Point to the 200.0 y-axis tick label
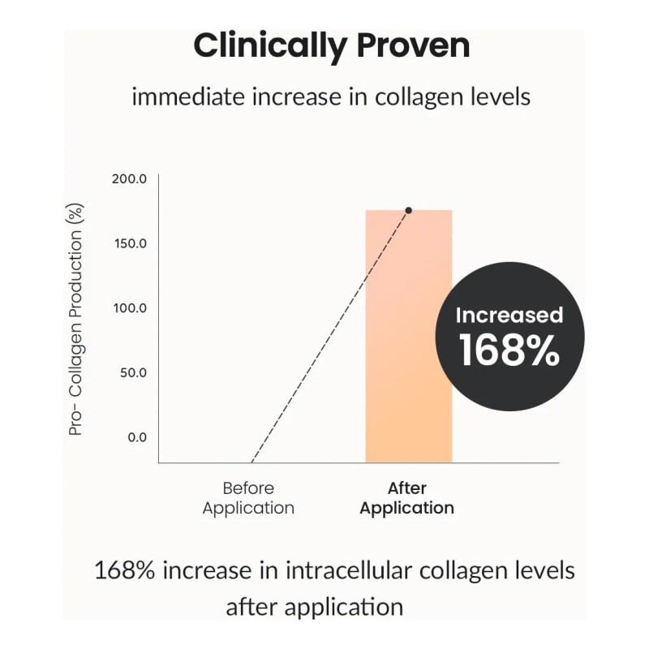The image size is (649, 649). click(x=129, y=178)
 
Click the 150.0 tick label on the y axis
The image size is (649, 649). click(x=129, y=243)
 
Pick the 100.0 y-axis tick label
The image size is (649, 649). click(x=129, y=308)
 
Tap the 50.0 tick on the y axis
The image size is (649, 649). click(x=131, y=373)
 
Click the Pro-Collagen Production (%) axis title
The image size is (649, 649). click(x=76, y=320)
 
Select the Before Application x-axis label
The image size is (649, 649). click(x=248, y=498)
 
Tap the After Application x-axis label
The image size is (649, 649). click(x=406, y=498)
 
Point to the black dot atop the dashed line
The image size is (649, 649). click(x=408, y=210)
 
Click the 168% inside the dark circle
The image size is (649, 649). click(x=509, y=350)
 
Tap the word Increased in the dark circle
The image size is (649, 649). click(x=509, y=316)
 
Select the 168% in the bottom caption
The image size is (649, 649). click(x=126, y=570)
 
